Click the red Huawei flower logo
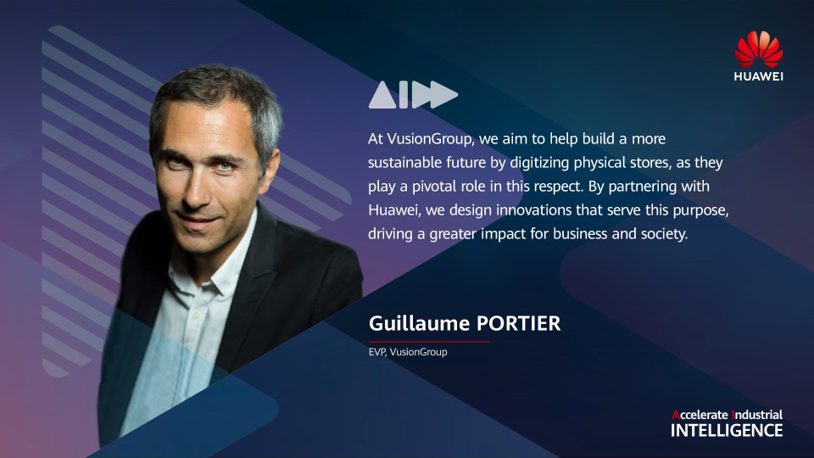pos(758,49)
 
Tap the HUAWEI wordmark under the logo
pos(758,76)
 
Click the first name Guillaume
pos(420,323)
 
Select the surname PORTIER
pos(519,323)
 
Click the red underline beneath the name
pos(429,342)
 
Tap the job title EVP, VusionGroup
pos(408,352)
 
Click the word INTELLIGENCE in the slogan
pos(727,431)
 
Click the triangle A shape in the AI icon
pos(382,94)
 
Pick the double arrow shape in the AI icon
pos(435,94)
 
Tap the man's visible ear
pos(270,163)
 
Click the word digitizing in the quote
pos(540,163)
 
